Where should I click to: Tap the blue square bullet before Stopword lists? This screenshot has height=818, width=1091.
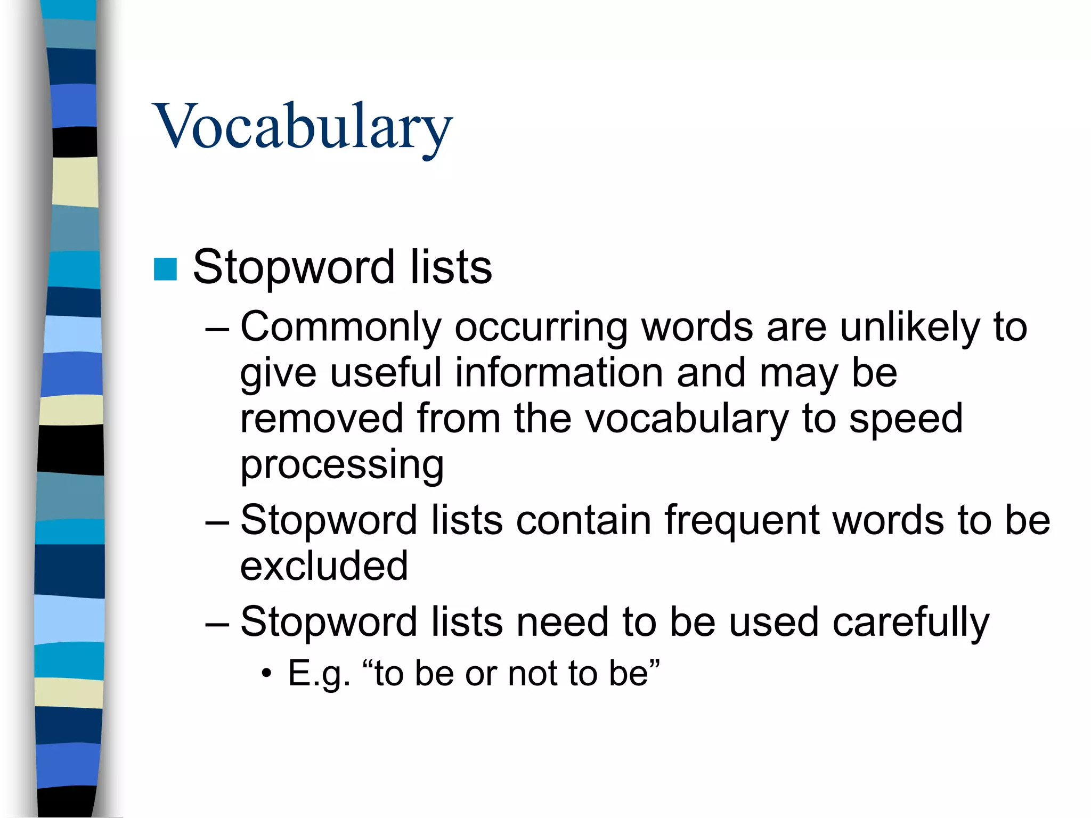[165, 269]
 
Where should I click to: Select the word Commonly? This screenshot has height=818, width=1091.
[341, 327]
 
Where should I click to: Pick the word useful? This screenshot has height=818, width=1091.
[386, 373]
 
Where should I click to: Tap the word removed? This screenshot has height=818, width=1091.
[321, 419]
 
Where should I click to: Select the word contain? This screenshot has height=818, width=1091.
[583, 520]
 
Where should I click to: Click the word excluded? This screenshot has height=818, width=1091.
[324, 566]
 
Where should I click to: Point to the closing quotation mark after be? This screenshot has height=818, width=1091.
[655, 664]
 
